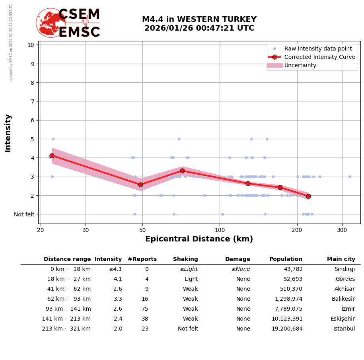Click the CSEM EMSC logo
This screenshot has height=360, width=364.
click(x=68, y=23)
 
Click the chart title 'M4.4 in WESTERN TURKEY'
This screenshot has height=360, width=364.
click(x=199, y=19)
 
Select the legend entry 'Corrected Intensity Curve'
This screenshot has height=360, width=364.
click(x=319, y=57)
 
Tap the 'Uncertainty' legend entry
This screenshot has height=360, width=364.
click(x=300, y=65)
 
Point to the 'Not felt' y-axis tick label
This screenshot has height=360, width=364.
click(x=24, y=214)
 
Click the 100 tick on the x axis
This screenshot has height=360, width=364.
click(x=220, y=230)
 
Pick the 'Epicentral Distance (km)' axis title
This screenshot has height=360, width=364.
click(x=199, y=239)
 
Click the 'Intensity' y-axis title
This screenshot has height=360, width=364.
click(x=8, y=133)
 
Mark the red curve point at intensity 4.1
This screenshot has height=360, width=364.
click(x=52, y=156)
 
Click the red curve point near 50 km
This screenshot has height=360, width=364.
click(x=140, y=185)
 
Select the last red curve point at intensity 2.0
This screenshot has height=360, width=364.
click(x=308, y=196)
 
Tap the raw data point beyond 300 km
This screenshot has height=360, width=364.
click(x=350, y=177)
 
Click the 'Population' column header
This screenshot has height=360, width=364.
click(x=286, y=259)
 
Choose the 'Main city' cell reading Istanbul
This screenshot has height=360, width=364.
click(x=344, y=329)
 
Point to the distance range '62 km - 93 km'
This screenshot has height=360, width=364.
click(x=66, y=299)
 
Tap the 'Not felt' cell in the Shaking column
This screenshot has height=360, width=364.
click(x=188, y=329)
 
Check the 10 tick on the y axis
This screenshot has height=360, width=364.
click(x=31, y=45)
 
